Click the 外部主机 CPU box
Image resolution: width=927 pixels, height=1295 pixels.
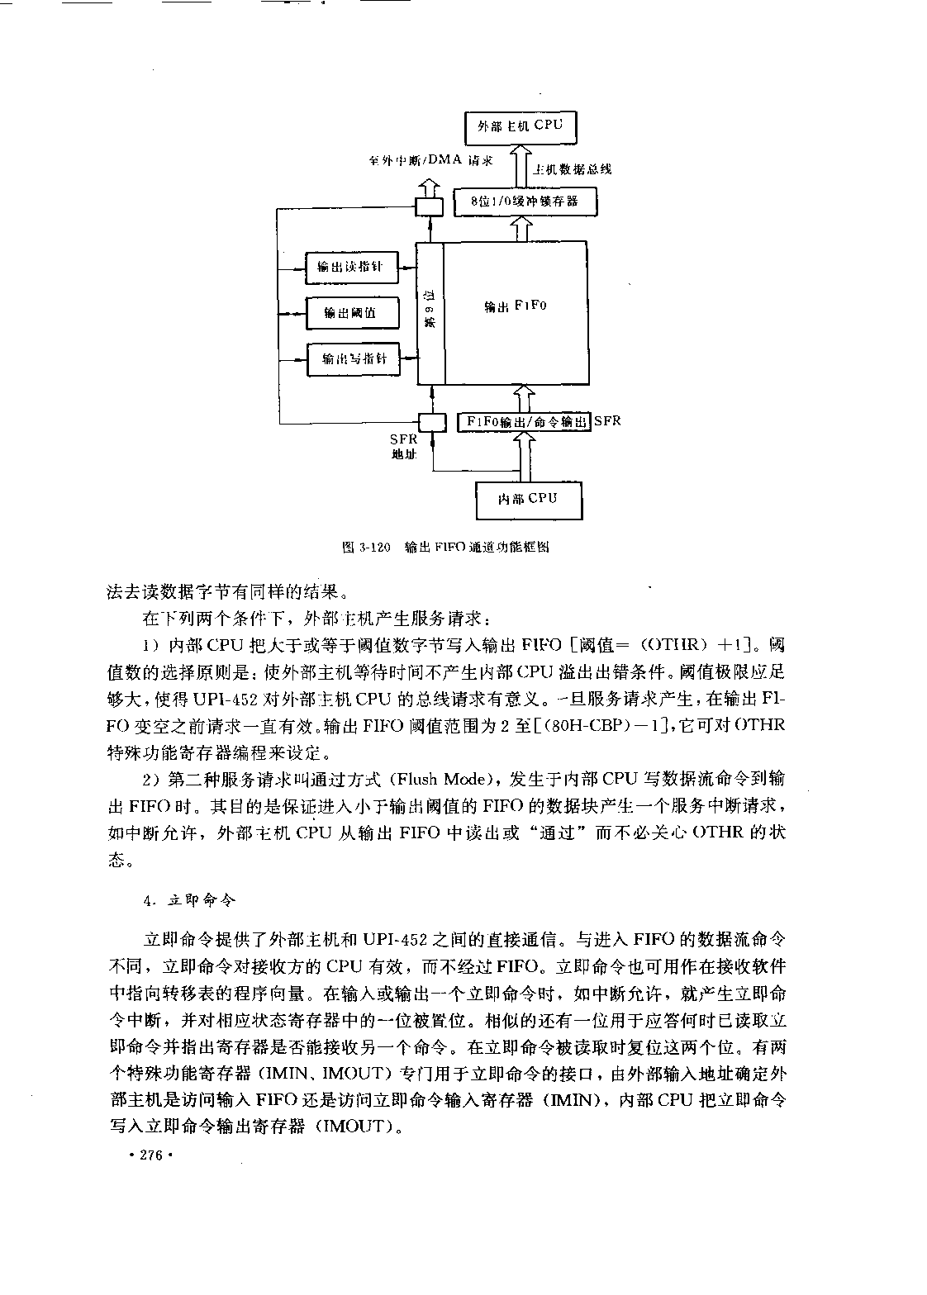pyautogui.click(x=521, y=127)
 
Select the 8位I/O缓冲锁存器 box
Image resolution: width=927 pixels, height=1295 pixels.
pyautogui.click(x=525, y=202)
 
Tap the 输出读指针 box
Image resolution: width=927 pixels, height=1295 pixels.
pyautogui.click(x=352, y=267)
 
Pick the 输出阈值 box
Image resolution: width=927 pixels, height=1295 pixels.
pyautogui.click(x=352, y=313)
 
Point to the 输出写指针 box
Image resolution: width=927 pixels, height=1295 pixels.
pyautogui.click(x=354, y=359)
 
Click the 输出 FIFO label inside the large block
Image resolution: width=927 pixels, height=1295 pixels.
pyautogui.click(x=516, y=306)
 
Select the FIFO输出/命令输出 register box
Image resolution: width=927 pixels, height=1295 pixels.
pyautogui.click(x=524, y=422)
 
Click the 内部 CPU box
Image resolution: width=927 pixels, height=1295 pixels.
pyautogui.click(x=529, y=500)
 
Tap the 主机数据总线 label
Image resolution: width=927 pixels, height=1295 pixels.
pyautogui.click(x=572, y=169)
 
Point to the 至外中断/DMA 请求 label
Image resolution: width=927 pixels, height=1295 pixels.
pyautogui.click(x=431, y=160)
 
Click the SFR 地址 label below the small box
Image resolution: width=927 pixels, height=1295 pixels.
pyautogui.click(x=404, y=447)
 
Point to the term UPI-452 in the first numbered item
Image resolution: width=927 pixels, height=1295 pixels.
pyautogui.click(x=223, y=700)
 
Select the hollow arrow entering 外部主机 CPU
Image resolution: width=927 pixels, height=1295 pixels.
pyautogui.click(x=521, y=166)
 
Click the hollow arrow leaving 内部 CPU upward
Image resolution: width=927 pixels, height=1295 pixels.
pyautogui.click(x=525, y=458)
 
